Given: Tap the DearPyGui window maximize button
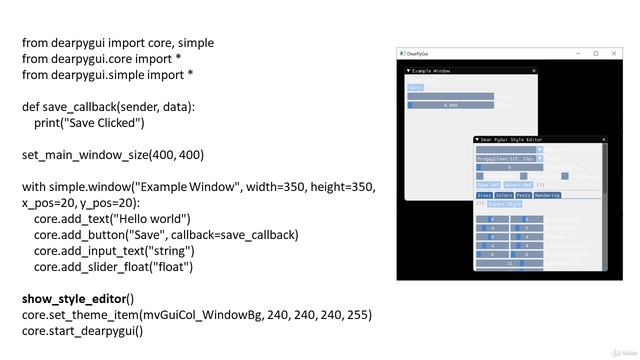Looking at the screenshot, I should click(x=596, y=54).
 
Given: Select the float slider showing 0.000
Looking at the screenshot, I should click(x=450, y=104).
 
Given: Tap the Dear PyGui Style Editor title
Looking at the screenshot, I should click(x=513, y=140).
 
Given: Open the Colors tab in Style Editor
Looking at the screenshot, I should click(x=503, y=195).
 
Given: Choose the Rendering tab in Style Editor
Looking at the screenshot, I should click(x=547, y=195).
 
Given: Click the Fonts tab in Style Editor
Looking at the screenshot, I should click(x=524, y=195).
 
